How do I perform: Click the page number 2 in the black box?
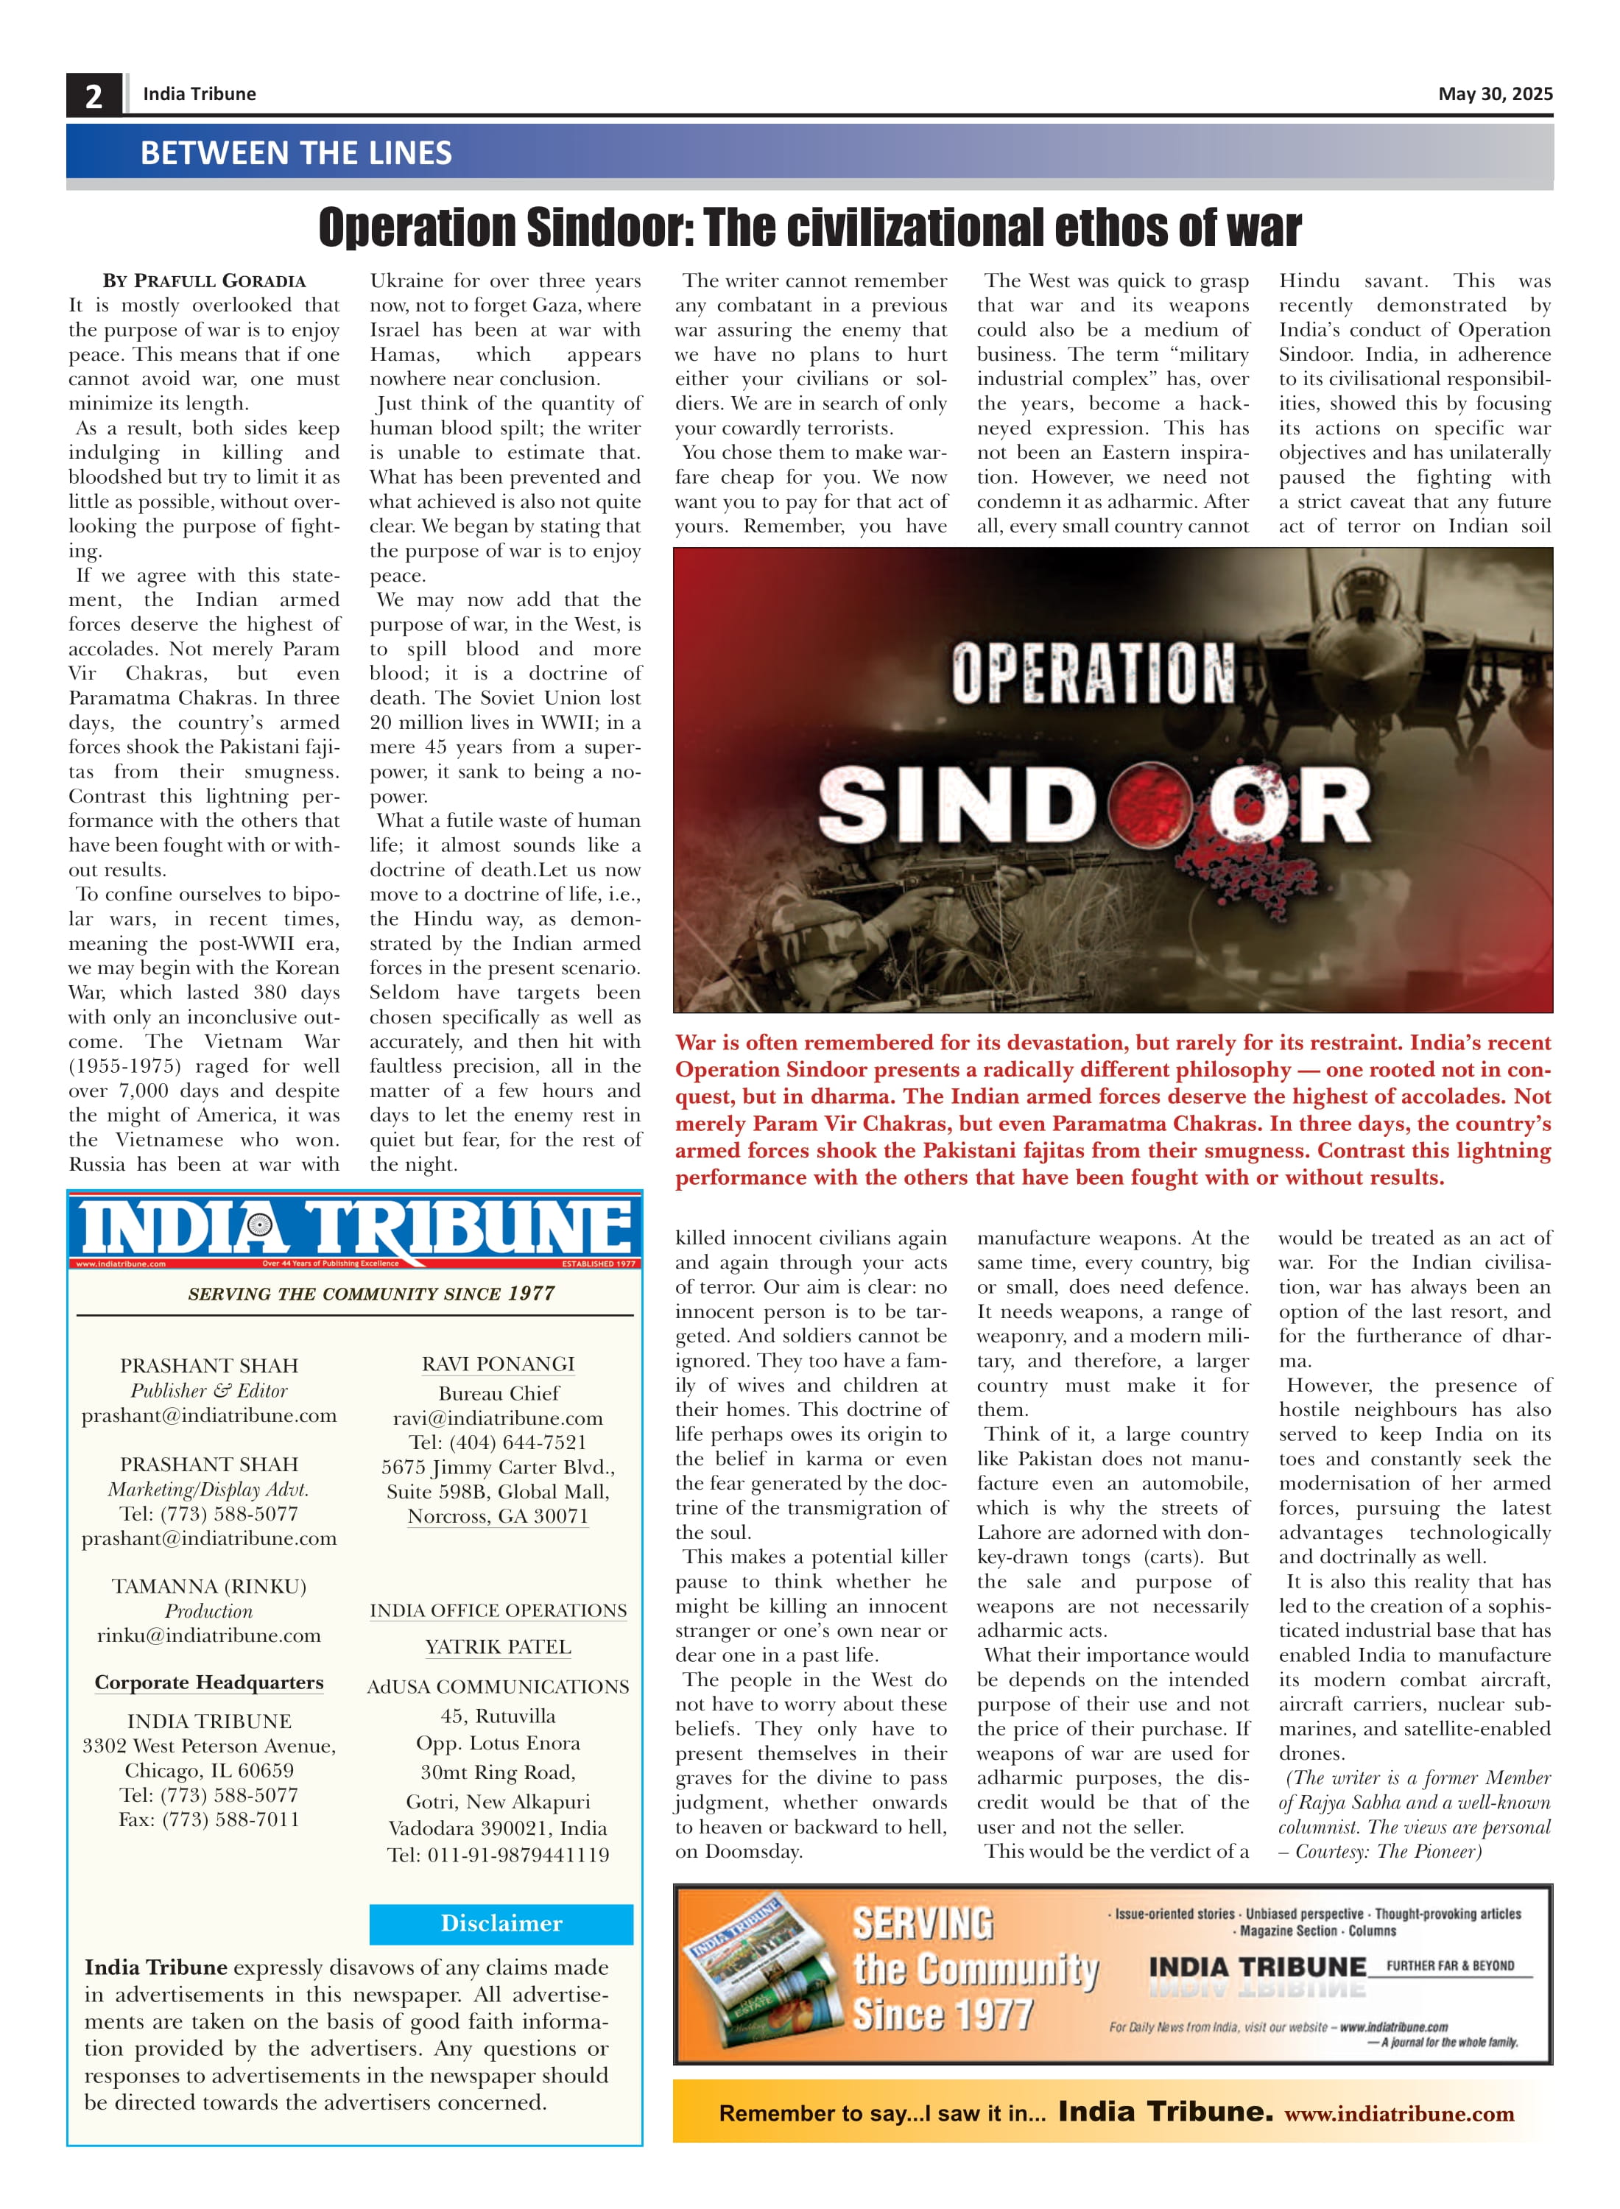(x=94, y=96)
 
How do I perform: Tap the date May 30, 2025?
(x=1495, y=94)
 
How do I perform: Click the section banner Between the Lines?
(x=296, y=153)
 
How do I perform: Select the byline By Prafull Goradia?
(x=204, y=281)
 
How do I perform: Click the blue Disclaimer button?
(x=501, y=1923)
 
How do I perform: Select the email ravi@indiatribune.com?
(x=499, y=1417)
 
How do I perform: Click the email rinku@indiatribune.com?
(x=209, y=1635)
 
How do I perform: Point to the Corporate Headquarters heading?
(x=209, y=1683)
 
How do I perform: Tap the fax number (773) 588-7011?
(x=209, y=1819)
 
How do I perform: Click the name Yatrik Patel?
(x=499, y=1647)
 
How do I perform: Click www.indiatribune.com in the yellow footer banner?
(x=1399, y=2114)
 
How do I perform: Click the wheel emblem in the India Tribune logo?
(x=260, y=1225)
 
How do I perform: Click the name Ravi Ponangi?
(x=499, y=1364)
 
